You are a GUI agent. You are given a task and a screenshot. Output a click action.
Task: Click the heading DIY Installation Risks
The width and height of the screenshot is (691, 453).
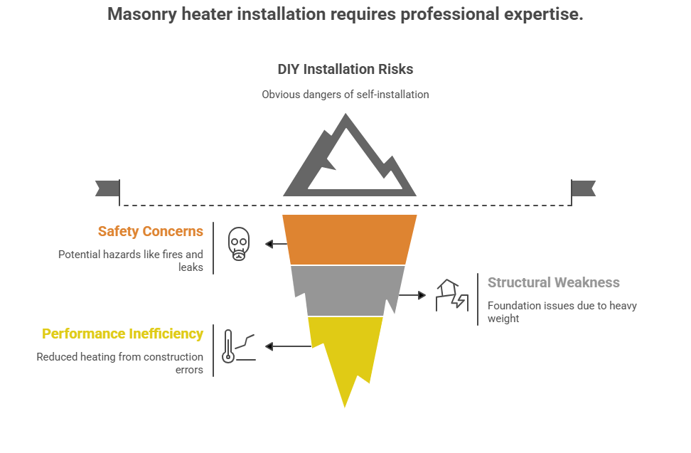click(x=345, y=70)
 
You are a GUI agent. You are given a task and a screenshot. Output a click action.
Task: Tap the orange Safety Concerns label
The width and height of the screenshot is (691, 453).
click(x=151, y=231)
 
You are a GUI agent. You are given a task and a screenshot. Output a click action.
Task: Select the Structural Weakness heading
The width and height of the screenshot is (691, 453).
click(x=553, y=282)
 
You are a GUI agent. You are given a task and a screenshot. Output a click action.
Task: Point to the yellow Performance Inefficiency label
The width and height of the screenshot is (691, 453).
click(x=122, y=334)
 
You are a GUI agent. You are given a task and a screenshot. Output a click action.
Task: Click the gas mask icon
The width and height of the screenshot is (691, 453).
click(x=239, y=243)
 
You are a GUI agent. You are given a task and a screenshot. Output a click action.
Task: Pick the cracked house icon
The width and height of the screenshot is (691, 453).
click(x=450, y=294)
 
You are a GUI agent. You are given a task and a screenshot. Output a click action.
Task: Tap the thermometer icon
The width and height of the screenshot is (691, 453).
click(x=229, y=346)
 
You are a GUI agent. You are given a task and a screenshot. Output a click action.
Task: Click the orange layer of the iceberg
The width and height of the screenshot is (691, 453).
click(x=349, y=239)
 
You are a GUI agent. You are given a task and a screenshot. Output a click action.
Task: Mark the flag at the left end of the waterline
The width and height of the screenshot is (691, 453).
click(x=106, y=188)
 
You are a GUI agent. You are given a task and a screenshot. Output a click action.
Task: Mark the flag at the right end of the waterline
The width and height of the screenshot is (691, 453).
click(x=584, y=188)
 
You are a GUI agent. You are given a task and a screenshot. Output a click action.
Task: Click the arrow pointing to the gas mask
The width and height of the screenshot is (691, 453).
click(x=276, y=244)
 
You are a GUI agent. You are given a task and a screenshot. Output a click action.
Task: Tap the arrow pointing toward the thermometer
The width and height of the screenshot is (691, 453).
click(x=287, y=346)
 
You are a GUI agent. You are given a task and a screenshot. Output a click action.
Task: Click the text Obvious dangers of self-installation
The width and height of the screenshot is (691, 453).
click(x=345, y=94)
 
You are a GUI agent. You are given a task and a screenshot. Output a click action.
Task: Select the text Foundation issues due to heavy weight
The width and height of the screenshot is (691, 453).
click(x=562, y=312)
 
